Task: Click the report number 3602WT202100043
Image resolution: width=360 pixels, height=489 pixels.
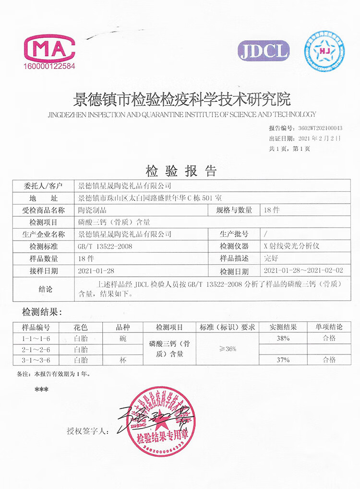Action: [320, 128]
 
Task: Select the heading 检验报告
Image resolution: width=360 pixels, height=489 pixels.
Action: [181, 171]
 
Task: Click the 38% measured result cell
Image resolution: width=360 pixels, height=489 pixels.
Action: [283, 338]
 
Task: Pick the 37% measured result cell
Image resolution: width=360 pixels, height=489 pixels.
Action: [283, 359]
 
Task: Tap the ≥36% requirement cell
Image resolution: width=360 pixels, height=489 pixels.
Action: [227, 349]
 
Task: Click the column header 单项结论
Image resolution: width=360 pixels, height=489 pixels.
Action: [329, 328]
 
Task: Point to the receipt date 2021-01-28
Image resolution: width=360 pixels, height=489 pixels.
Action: [96, 271]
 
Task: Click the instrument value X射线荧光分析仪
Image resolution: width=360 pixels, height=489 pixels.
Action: [292, 246]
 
